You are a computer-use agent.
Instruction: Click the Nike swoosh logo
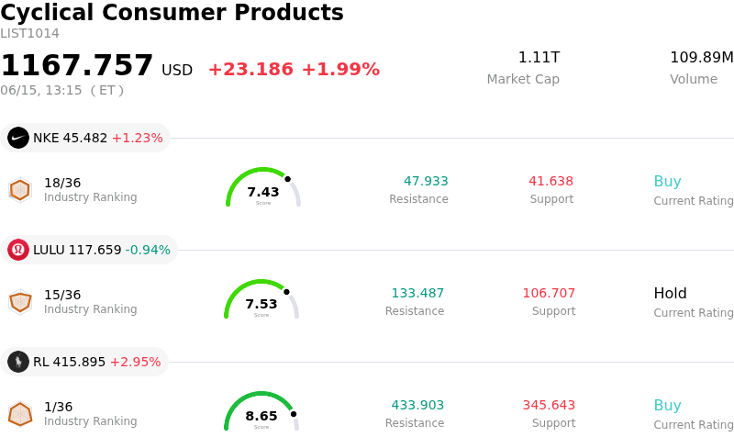(18, 139)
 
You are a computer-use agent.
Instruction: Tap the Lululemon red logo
(18, 250)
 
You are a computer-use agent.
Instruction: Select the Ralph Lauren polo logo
(18, 362)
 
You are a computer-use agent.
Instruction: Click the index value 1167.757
(77, 65)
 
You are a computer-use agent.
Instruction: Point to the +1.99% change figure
(340, 70)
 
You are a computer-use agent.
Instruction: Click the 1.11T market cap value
(539, 58)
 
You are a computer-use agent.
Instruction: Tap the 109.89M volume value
(702, 58)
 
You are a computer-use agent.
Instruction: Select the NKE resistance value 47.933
(426, 181)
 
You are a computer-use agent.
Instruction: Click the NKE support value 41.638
(551, 181)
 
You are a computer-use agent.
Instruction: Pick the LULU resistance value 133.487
(417, 293)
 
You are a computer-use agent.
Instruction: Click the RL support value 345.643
(549, 405)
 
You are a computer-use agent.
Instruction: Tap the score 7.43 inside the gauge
(263, 192)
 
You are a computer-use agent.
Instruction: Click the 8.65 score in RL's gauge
(261, 416)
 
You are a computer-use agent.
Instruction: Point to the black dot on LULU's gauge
(286, 292)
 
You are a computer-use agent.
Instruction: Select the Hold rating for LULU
(671, 294)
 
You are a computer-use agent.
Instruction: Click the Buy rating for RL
(668, 406)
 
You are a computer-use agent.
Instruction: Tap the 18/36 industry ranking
(62, 183)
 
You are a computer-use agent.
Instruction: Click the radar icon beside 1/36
(20, 414)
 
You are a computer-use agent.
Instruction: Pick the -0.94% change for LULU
(148, 250)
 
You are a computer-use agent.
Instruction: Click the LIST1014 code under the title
(30, 34)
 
